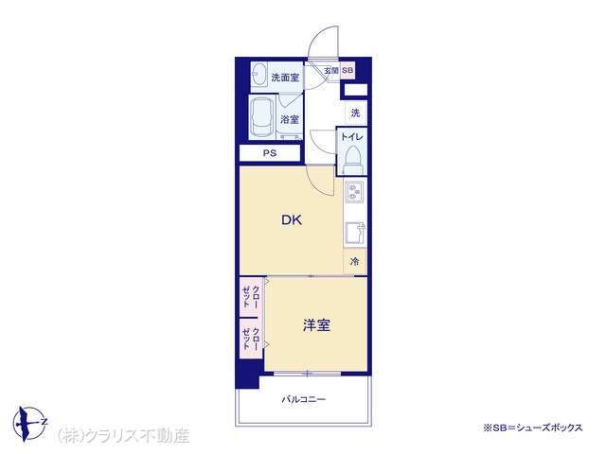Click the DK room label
292,220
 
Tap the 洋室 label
316,325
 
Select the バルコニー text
303,399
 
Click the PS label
270,153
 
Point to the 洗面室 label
285,78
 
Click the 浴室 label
290,119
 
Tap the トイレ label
351,137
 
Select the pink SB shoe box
348,71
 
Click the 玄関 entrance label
331,71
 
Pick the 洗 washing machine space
356,113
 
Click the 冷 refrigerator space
354,262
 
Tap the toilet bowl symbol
352,160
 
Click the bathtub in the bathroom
261,117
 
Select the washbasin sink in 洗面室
258,76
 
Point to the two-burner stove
354,192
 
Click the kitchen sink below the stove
355,233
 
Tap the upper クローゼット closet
251,297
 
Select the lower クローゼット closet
251,339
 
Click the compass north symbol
29,424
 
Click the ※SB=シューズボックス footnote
532,428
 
